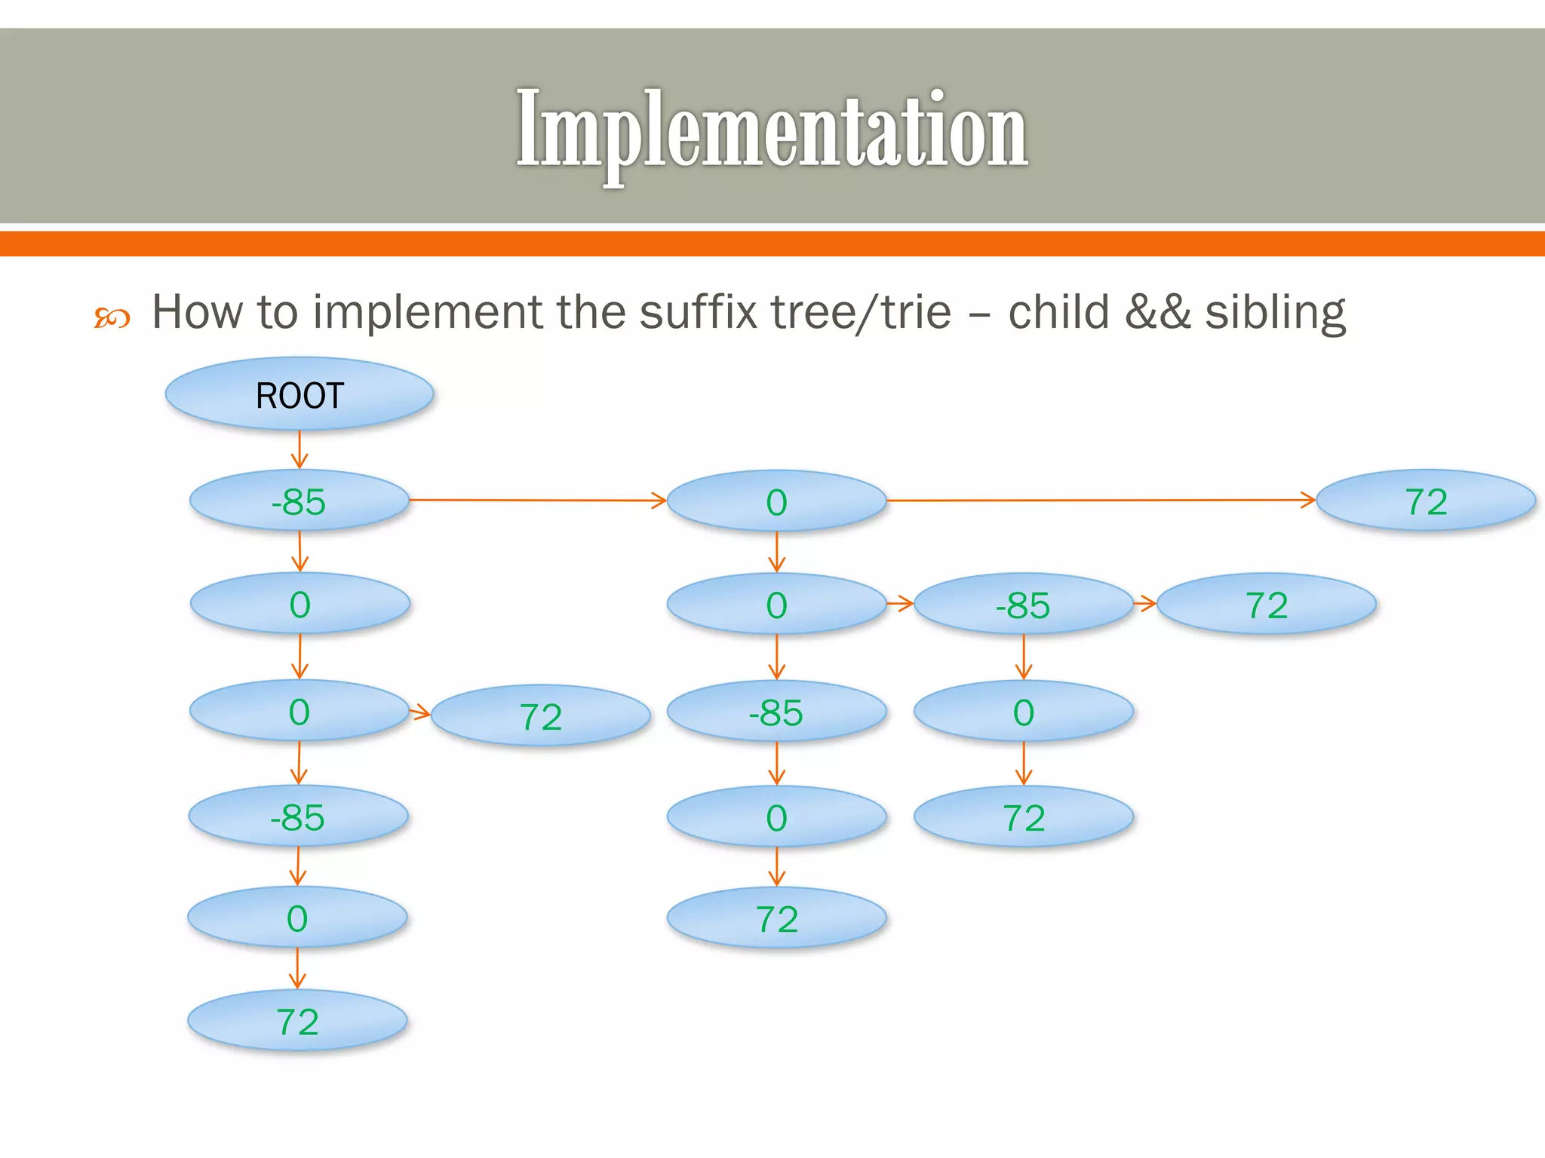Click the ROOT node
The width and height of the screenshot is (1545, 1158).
pos(299,394)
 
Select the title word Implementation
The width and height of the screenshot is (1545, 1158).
pos(772,129)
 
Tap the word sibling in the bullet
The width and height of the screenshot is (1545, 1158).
pos(1275,312)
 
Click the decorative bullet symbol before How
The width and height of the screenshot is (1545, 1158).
pos(112,318)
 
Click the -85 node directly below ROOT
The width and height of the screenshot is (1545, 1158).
pos(299,501)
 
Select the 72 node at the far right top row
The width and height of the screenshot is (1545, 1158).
pos(1426,501)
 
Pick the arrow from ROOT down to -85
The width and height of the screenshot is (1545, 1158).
pos(299,449)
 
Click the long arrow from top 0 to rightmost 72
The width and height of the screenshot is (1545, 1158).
pos(1101,500)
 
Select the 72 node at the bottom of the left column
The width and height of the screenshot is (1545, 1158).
pos(297,1022)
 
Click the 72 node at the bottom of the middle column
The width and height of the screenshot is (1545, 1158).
pos(776,919)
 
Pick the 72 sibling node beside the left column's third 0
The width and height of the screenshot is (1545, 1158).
pos(540,716)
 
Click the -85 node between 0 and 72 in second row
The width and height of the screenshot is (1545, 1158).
pos(1023,605)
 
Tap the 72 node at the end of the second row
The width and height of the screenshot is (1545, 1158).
pos(1266,605)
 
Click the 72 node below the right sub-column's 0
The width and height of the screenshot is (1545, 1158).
pos(1023,817)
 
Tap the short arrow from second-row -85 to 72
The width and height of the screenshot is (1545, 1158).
pos(1145,603)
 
